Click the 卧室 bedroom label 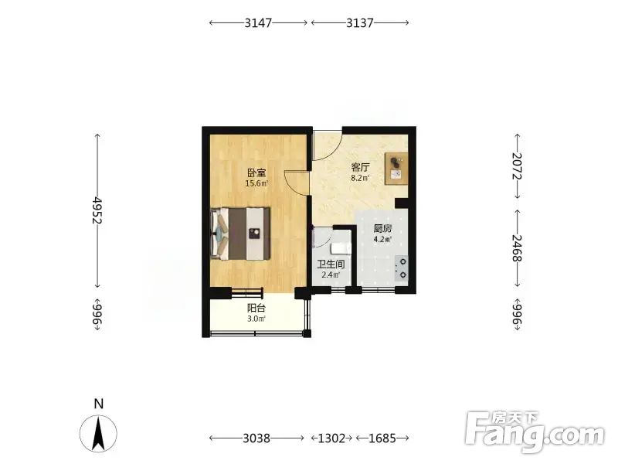(256, 172)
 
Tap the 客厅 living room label (360, 167)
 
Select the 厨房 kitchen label (382, 229)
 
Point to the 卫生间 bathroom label (331, 264)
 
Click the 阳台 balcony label (256, 308)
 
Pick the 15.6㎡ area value (256, 183)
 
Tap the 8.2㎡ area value (360, 178)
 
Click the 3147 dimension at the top (258, 23)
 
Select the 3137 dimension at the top (360, 23)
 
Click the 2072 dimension (517, 166)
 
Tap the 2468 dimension (517, 248)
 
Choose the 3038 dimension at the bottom (256, 438)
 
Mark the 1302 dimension (331, 438)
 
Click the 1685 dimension (382, 438)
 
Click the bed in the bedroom (240, 234)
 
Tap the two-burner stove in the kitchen (402, 268)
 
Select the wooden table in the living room (396, 169)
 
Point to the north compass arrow (99, 433)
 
